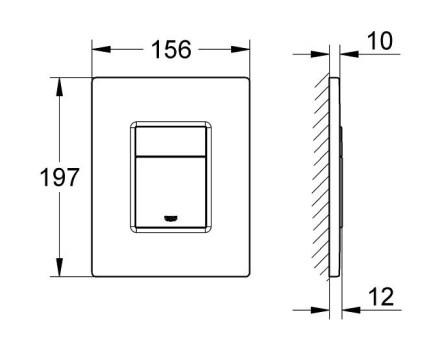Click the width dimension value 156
171,50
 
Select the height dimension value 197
60,177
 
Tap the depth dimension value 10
380,41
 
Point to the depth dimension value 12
381,297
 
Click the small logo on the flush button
171,218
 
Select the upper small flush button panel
171,141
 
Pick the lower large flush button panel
171,192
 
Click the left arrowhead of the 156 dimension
101,49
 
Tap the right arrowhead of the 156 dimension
240,49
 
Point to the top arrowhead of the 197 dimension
60,87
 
